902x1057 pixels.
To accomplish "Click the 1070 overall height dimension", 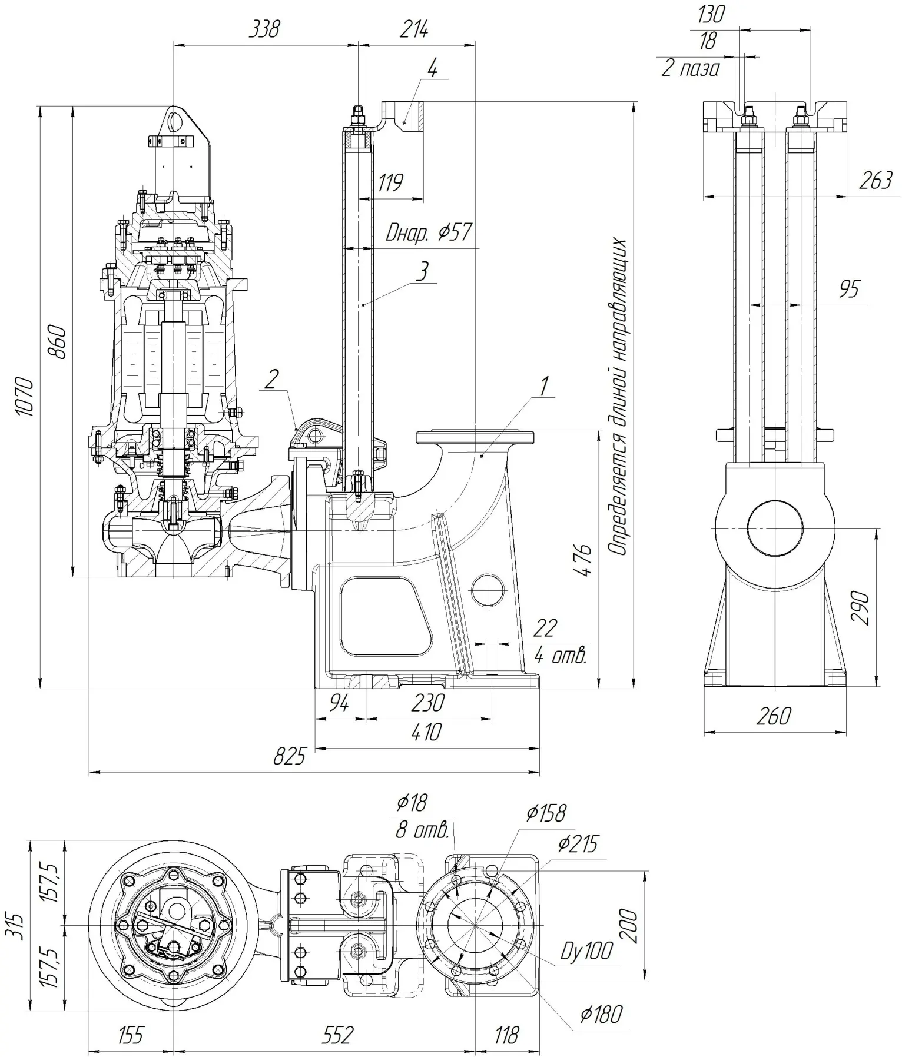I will [25, 397].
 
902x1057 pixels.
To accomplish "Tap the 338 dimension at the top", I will [264, 29].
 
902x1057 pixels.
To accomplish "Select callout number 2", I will [271, 380].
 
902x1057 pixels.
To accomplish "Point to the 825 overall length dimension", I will [290, 756].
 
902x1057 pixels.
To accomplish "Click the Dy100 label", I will [586, 951].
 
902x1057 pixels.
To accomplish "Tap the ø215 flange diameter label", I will [578, 845].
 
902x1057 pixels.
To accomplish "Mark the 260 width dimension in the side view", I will [773, 716].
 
